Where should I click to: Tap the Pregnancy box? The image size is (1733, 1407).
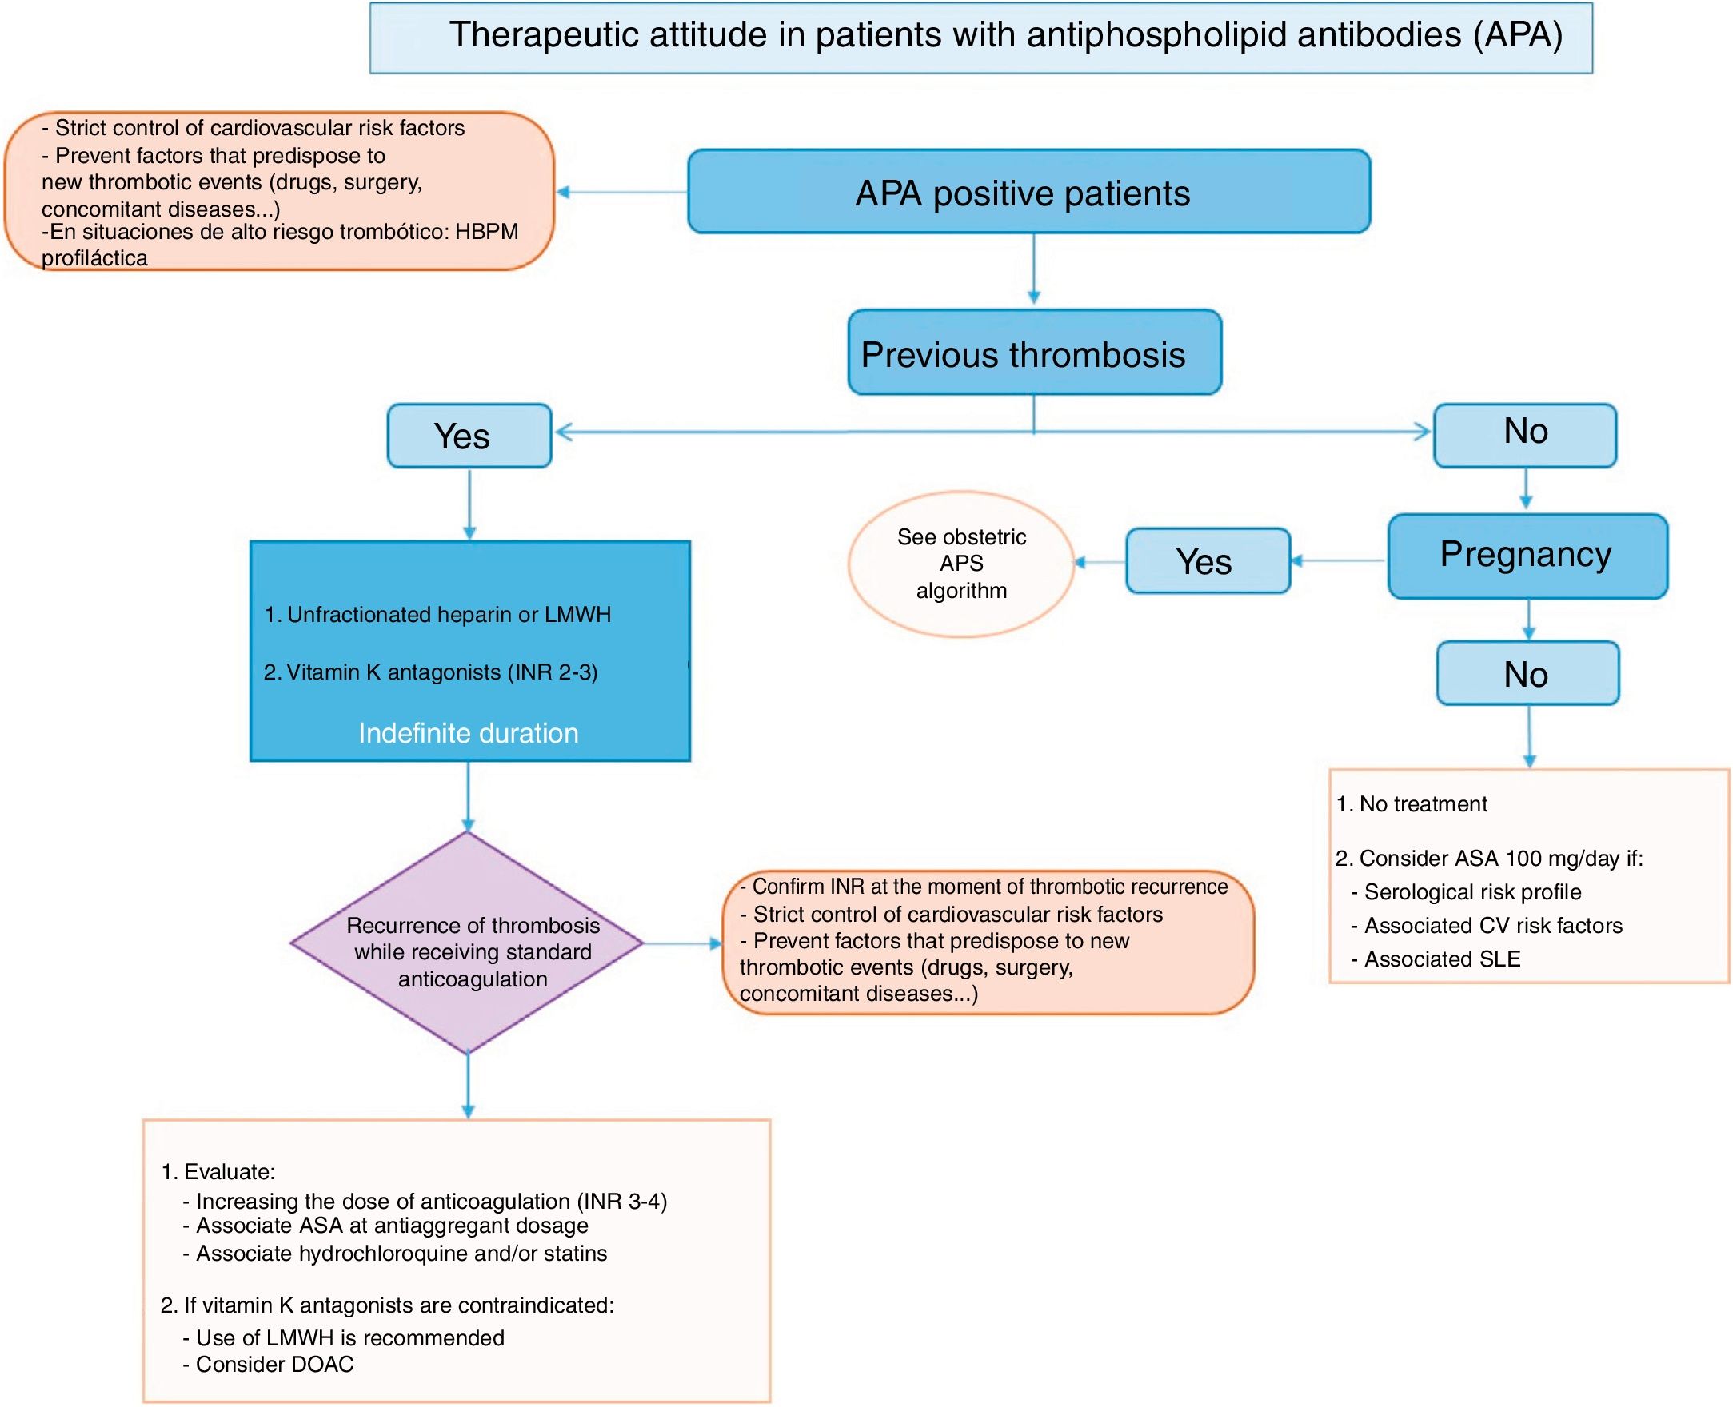click(1527, 556)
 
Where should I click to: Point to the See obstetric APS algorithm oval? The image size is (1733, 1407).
click(961, 564)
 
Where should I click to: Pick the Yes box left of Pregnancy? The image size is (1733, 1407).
click(1206, 562)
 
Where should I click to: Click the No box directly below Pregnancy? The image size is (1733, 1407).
click(1527, 673)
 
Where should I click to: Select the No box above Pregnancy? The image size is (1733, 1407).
click(1524, 432)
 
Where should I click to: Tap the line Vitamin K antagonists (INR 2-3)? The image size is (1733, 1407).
click(430, 672)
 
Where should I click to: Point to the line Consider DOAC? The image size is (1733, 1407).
click(274, 1364)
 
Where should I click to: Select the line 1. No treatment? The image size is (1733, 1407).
click(1412, 804)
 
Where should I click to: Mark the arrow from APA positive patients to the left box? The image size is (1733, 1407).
click(620, 192)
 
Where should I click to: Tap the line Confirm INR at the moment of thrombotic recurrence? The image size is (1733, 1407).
click(989, 887)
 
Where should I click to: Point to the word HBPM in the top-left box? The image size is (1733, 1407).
click(486, 232)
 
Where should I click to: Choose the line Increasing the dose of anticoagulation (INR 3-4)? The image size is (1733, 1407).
click(431, 1201)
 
